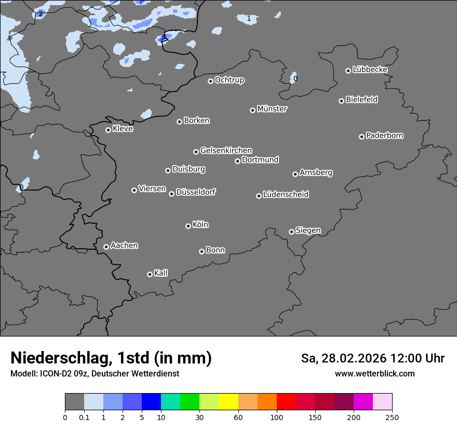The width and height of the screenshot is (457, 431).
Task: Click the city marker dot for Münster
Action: click(253, 110)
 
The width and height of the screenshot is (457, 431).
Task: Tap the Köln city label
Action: click(200, 225)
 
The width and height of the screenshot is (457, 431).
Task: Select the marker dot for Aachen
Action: click(106, 247)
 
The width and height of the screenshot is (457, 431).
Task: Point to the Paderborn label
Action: click(385, 136)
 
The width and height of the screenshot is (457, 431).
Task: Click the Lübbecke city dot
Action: click(348, 71)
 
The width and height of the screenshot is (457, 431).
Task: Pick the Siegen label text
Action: click(308, 231)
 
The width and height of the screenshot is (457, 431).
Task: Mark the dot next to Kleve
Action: click(109, 130)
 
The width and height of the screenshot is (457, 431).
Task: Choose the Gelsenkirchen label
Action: click(226, 151)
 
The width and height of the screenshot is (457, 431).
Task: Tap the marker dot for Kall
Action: click(150, 274)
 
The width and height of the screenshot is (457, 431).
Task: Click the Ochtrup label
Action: click(230, 80)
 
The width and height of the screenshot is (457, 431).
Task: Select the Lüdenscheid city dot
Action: click(259, 196)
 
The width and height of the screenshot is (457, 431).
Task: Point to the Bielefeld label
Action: click(361, 100)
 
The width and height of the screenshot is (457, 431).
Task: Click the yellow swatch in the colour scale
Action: click(228, 402)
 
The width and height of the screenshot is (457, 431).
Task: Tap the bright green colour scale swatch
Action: click(190, 402)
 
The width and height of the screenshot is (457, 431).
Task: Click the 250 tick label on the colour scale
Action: click(392, 417)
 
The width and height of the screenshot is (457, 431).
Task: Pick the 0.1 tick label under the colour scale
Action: click(84, 417)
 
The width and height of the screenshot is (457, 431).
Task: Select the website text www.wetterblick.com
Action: click(375, 373)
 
